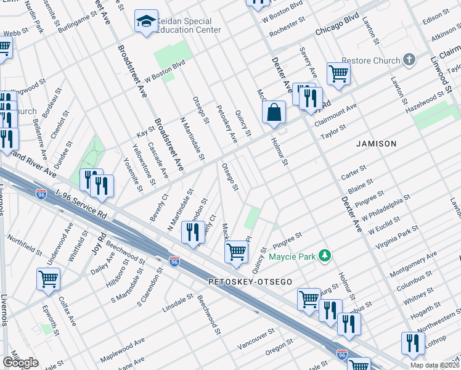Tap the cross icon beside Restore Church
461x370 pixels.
point(409,60)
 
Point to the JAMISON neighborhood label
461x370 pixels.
point(377,144)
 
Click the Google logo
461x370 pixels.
point(20,363)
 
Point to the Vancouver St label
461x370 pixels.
point(256,339)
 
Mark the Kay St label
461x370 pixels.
point(145,133)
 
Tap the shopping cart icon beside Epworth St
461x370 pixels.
point(48,279)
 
